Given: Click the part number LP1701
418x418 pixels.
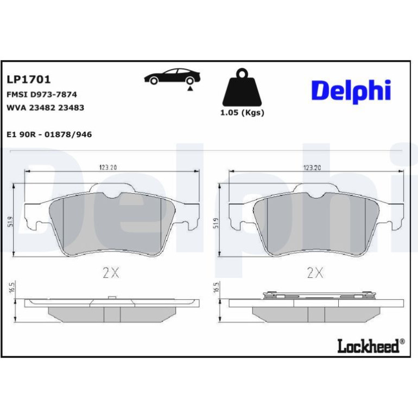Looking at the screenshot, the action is (29, 79).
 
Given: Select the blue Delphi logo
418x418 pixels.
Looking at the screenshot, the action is (351, 91).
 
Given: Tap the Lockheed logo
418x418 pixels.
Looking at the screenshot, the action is (371, 346).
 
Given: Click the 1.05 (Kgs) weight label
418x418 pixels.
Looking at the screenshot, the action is (242, 113).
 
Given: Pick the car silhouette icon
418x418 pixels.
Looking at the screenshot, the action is (172, 77).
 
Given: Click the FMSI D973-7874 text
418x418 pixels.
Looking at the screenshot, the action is (42, 94).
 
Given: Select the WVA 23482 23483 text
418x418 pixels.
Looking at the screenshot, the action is (45, 107).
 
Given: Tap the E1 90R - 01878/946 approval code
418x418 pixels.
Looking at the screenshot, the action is (49, 135).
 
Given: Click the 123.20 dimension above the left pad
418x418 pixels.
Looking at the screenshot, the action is (108, 167).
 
